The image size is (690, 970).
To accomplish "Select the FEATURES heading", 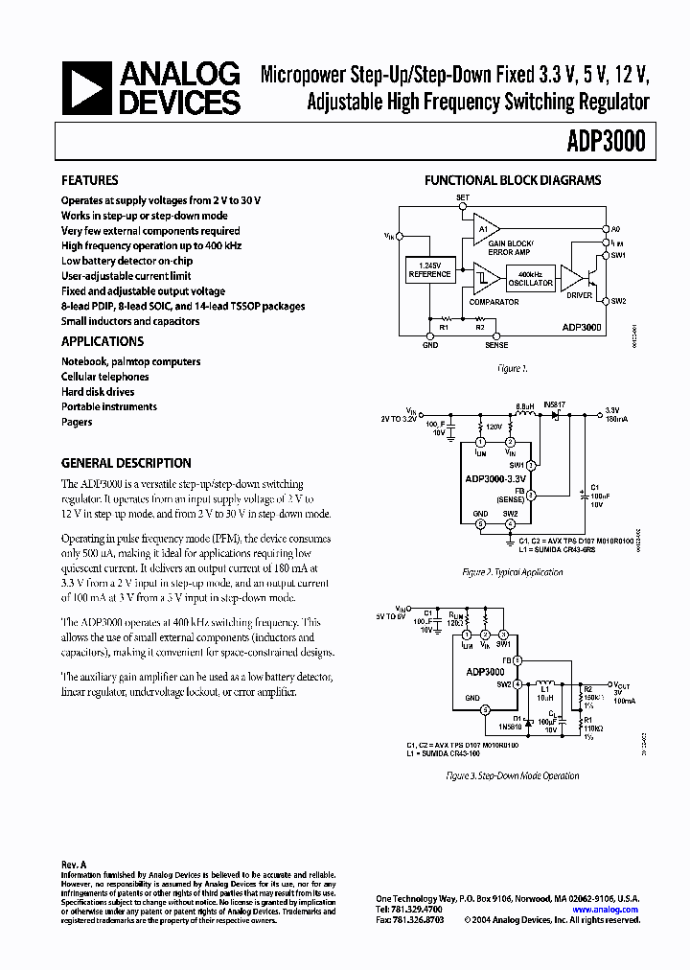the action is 90,180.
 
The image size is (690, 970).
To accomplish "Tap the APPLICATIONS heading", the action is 103,341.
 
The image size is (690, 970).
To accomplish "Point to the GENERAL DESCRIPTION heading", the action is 126,462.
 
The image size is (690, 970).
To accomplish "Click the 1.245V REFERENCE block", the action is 429,270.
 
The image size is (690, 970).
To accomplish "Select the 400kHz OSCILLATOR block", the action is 530,279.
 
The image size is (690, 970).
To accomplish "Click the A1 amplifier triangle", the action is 486,229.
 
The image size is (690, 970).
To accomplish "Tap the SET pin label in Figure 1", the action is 463,197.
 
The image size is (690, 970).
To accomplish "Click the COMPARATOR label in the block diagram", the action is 494,302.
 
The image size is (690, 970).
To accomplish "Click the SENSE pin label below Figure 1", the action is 495,345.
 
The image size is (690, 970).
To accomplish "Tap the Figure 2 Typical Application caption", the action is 513,572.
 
